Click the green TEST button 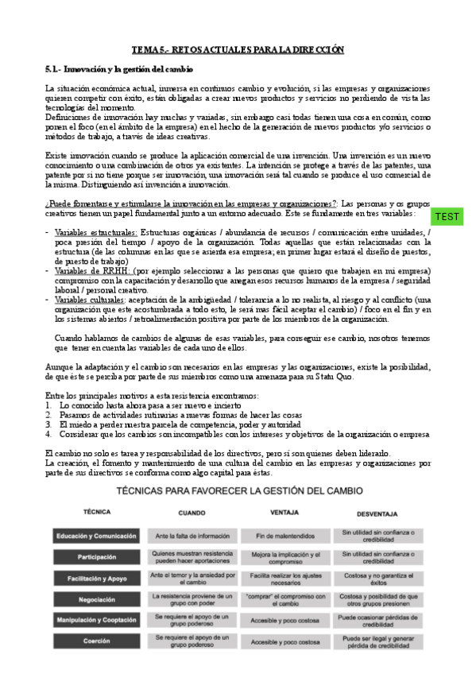[447, 216]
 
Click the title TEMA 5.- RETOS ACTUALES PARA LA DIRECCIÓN [238, 49]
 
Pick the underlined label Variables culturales [85, 300]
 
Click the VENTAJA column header [284, 513]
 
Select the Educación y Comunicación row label [97, 536]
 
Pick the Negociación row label [97, 598]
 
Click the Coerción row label [97, 641]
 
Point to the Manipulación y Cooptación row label [97, 619]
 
